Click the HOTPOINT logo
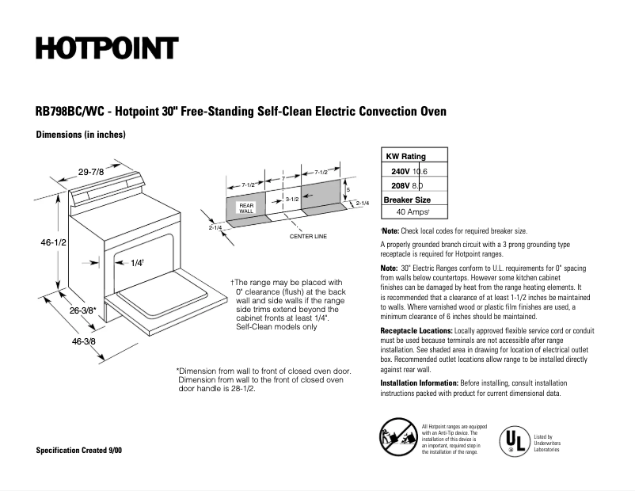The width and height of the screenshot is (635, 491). click(106, 48)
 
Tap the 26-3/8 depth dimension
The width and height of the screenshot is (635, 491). click(82, 310)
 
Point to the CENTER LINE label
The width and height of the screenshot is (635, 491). click(308, 236)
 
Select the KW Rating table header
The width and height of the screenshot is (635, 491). click(405, 156)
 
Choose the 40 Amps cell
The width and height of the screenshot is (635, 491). click(413, 212)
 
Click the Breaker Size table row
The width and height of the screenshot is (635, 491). click(407, 200)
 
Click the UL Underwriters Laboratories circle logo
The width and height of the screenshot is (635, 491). click(511, 438)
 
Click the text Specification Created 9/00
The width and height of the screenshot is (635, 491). click(79, 450)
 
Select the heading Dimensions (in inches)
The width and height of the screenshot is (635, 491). click(81, 135)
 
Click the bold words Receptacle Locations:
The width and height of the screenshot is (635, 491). click(416, 329)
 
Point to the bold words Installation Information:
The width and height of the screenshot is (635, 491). click(419, 383)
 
